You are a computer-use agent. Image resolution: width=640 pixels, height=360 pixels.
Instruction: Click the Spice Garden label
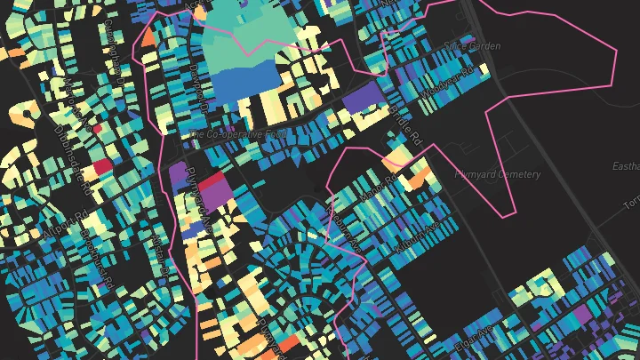[472, 45]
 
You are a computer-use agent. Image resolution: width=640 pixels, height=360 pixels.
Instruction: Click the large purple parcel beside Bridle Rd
[360, 97]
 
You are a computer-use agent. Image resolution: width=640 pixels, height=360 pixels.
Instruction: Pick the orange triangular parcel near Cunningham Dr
[148, 38]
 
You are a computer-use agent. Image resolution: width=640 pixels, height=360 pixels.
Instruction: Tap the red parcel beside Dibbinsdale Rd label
[101, 165]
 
